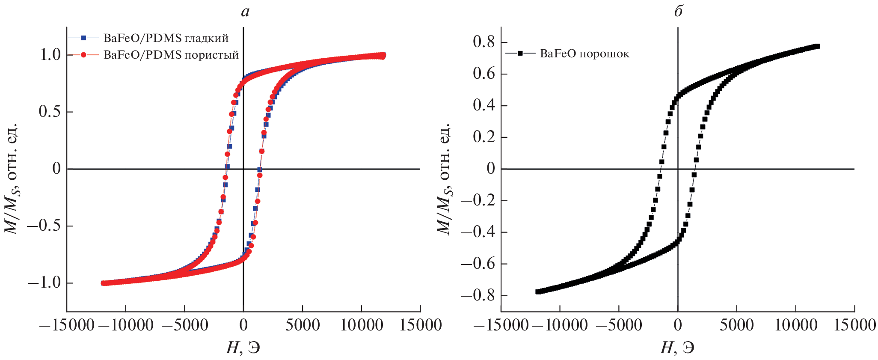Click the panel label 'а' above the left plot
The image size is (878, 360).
245,12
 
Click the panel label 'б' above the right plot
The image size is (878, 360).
678,11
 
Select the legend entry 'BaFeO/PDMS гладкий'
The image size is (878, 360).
166,38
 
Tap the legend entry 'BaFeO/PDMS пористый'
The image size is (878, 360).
171,55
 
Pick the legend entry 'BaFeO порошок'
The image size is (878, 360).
584,54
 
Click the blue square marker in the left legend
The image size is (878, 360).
84,38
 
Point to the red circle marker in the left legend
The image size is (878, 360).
84,55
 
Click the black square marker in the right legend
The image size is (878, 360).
520,54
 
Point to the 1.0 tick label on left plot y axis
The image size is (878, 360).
50,55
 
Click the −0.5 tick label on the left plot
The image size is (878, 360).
44,226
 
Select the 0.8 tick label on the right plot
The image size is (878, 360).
483,42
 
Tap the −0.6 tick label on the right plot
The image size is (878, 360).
478,264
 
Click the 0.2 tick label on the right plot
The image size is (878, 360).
483,137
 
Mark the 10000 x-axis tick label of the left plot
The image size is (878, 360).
362,325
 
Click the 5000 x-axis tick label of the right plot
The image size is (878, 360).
736,325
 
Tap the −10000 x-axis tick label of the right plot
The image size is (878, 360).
560,325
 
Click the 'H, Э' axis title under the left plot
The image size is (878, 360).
243,348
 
